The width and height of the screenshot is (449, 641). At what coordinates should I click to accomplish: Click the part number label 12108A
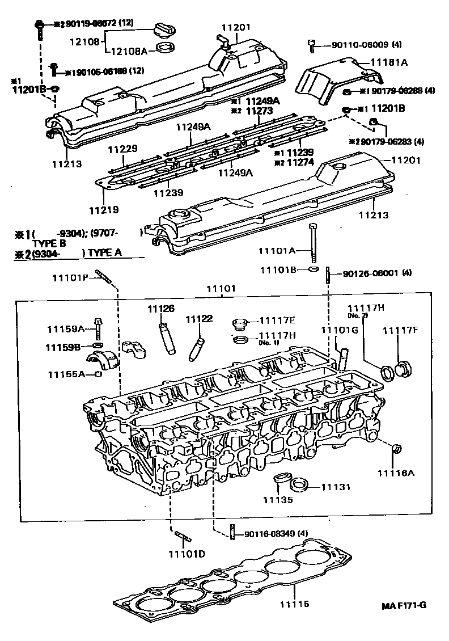(128, 51)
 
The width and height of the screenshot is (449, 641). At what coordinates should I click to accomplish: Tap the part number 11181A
(389, 63)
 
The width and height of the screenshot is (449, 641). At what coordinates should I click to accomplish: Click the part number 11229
(123, 149)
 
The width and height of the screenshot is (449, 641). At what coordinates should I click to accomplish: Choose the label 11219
(104, 209)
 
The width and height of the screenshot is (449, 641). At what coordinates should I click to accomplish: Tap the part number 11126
(161, 309)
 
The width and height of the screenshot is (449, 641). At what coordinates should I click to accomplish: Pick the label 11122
(199, 319)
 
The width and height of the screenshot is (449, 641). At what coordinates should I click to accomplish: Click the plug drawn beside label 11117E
(239, 324)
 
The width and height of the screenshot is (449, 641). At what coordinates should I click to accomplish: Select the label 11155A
(66, 374)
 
